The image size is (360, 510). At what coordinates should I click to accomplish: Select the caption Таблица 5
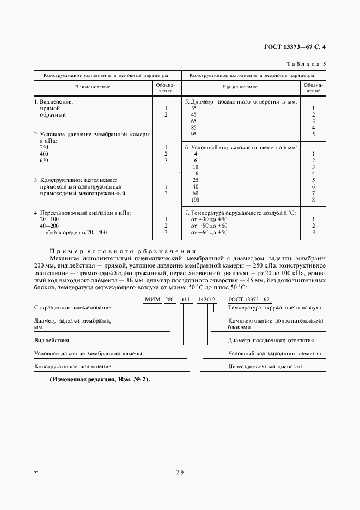pos(306,64)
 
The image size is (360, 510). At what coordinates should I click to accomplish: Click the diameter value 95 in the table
pos(194,134)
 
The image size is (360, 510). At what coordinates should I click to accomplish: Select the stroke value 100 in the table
pos(196,200)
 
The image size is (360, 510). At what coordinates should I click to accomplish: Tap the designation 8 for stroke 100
pos(313,200)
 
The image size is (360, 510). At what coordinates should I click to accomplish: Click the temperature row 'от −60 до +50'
pos(209,233)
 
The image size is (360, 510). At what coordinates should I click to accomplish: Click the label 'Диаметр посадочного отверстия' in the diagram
pos(271,340)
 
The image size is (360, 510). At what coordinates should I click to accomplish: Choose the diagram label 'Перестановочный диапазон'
pos(265,367)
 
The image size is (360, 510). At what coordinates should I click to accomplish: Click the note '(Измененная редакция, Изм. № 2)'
pos(99,379)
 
